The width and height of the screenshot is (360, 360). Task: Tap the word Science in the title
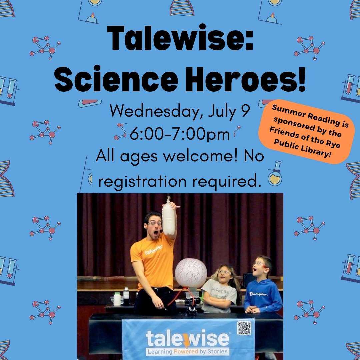click(116, 79)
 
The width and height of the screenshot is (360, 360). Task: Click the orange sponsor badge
click(307, 132)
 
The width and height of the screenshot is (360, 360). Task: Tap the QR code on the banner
click(244, 328)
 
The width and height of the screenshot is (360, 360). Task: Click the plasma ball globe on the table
click(191, 273)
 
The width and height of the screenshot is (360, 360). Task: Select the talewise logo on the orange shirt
click(154, 250)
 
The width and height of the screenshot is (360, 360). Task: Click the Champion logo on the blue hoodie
click(259, 294)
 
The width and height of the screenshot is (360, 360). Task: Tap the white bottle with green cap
click(117, 299)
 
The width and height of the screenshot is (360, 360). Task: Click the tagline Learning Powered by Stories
click(188, 352)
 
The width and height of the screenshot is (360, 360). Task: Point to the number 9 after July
click(245, 111)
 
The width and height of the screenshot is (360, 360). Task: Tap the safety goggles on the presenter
click(154, 223)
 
